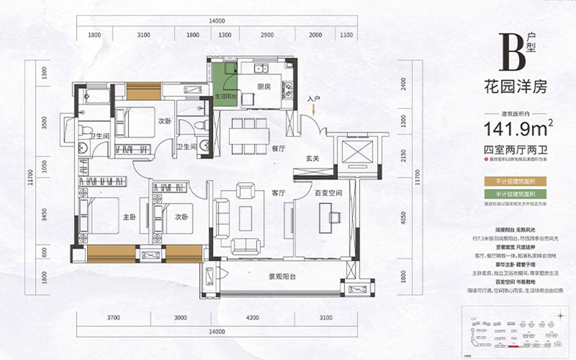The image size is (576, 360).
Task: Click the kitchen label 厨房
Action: pyautogui.click(x=256, y=87)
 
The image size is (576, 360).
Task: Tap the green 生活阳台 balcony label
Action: pyautogui.click(x=226, y=97)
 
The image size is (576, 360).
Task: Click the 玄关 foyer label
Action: pyautogui.click(x=312, y=159)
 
